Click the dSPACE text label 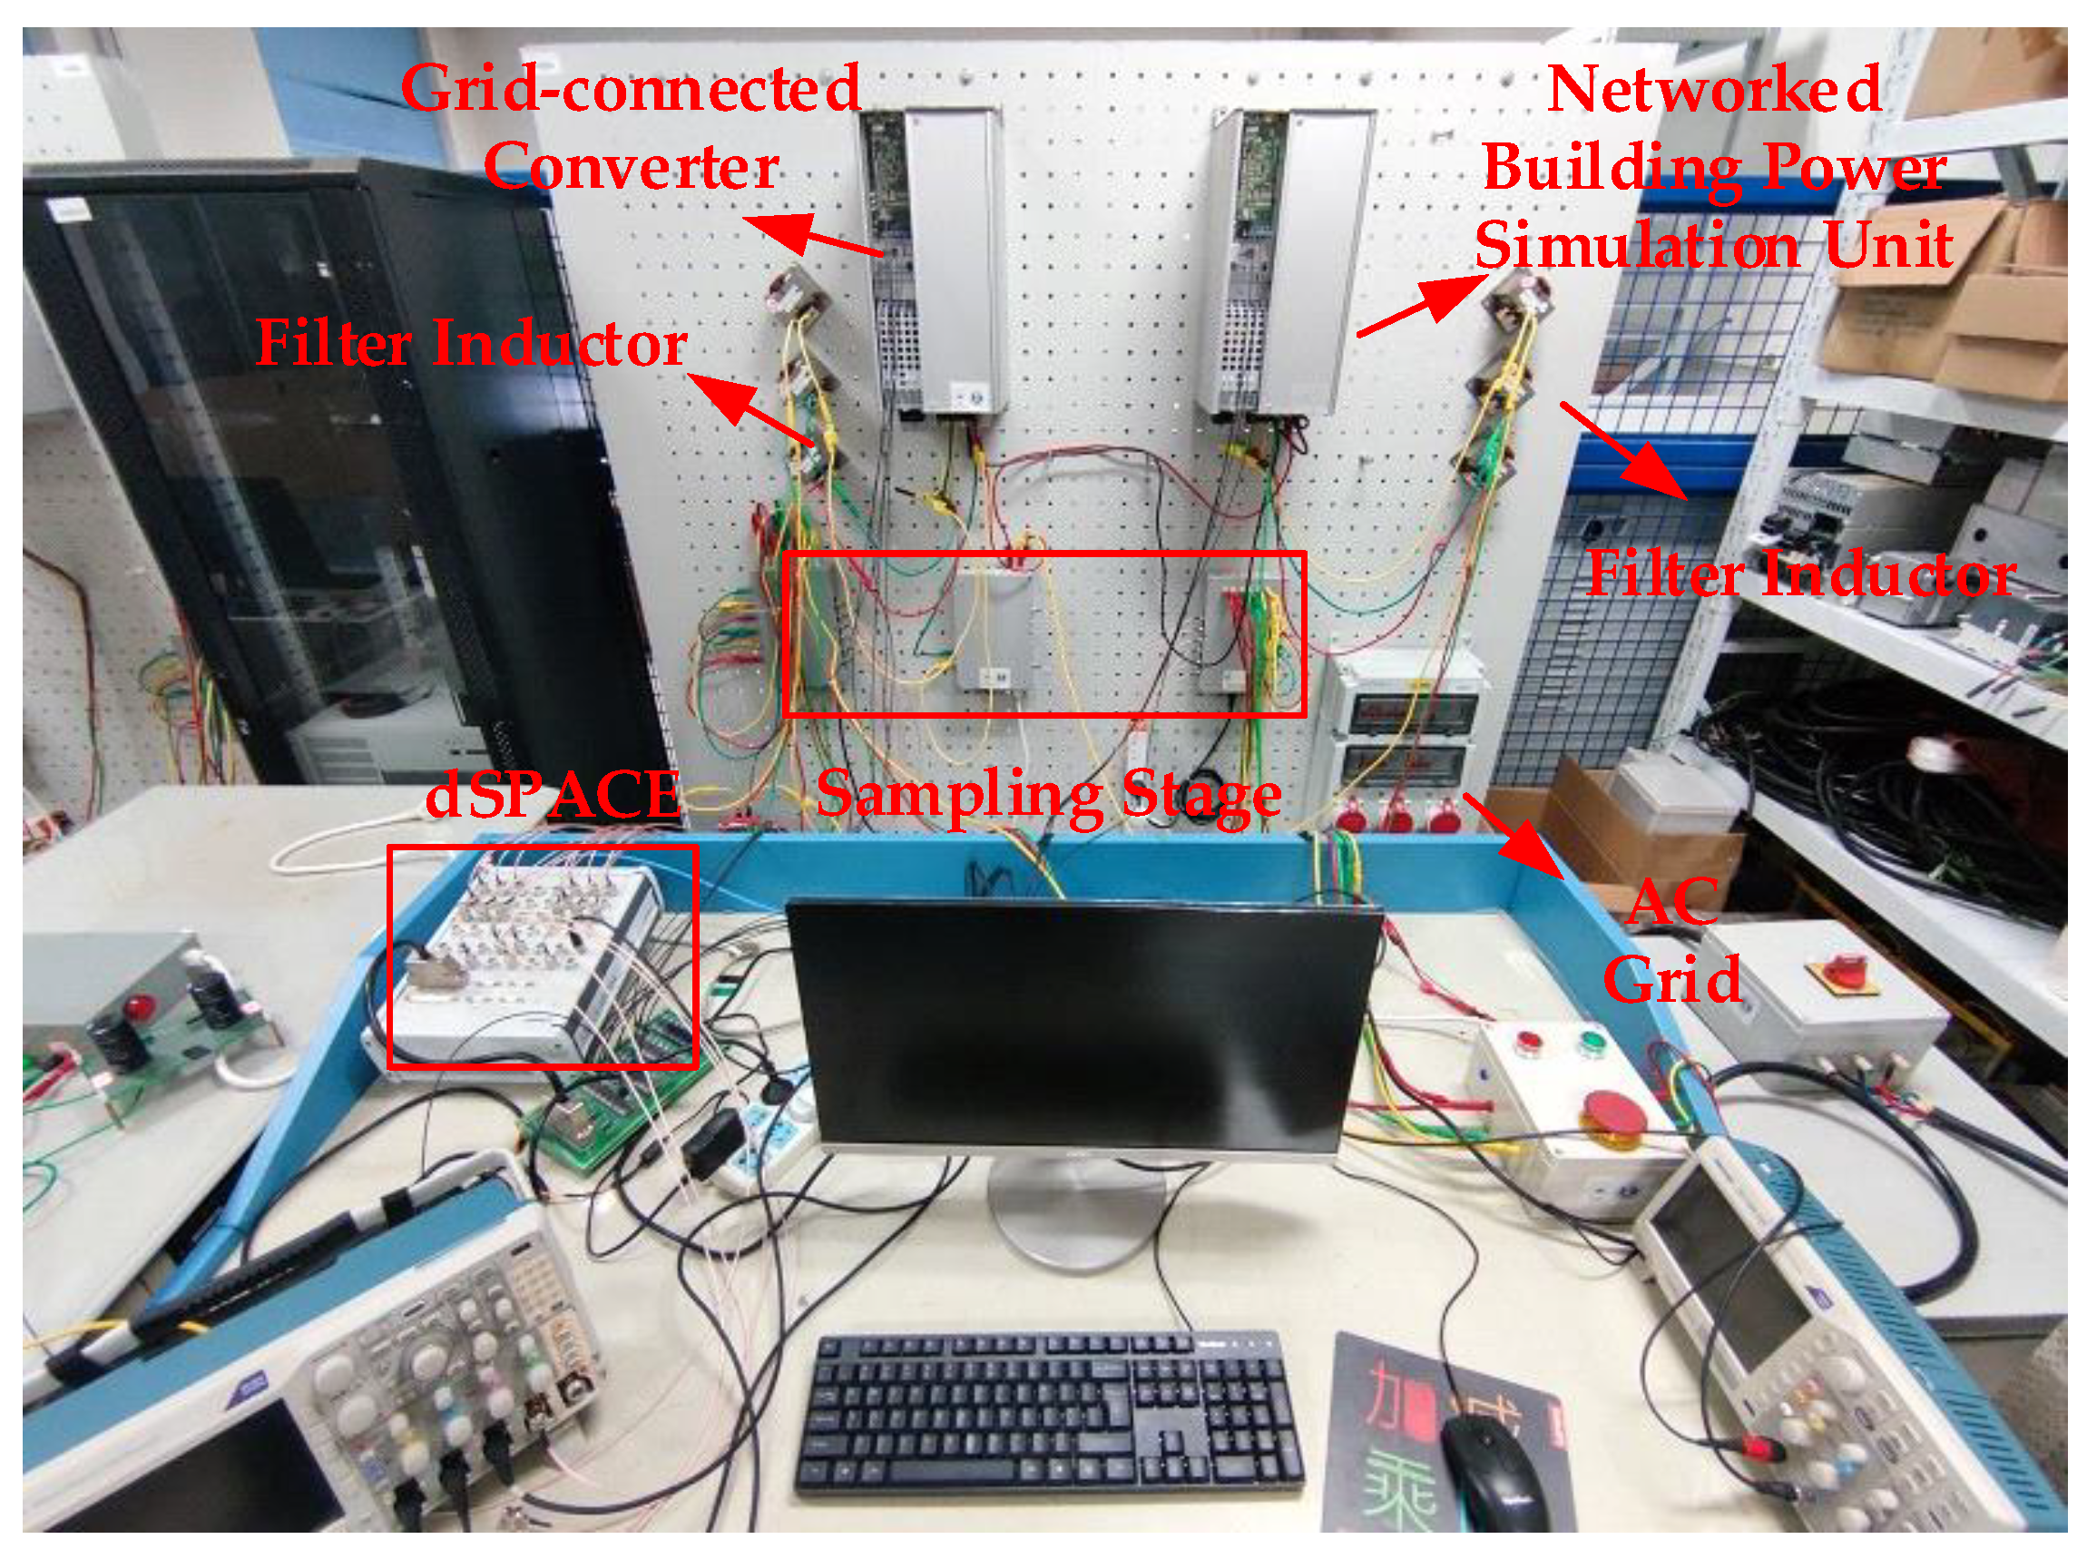554,794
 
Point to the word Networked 1713,89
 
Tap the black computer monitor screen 1083,1026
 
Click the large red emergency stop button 1612,1113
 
